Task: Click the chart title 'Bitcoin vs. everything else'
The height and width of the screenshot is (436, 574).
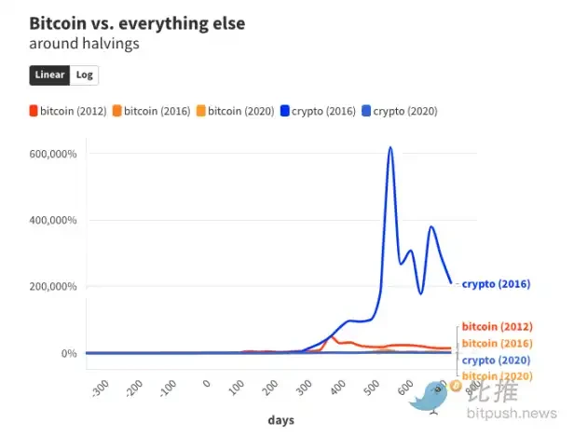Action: point(137,23)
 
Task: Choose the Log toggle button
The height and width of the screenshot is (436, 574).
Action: point(85,75)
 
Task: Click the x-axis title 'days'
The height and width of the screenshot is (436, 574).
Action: point(281,421)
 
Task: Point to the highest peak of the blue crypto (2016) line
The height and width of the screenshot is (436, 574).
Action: point(390,147)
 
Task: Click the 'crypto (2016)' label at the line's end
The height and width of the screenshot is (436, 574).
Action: point(496,283)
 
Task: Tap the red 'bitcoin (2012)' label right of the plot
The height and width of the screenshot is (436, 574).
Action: point(498,327)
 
